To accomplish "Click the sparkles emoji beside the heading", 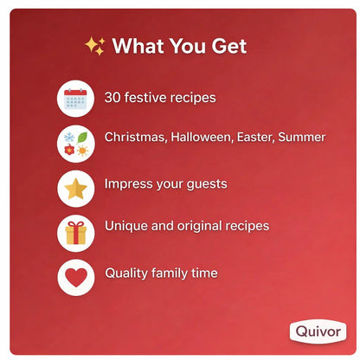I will coord(94,46).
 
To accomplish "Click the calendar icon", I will coord(75,98).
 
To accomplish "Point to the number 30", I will coord(113,97).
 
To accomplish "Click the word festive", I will coord(147,97).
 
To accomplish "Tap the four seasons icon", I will coord(75,143).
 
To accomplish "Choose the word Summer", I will coord(304,138).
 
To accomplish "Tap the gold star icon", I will coord(75,188).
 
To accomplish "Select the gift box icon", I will coord(75,233).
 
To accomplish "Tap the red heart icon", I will coord(75,278).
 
